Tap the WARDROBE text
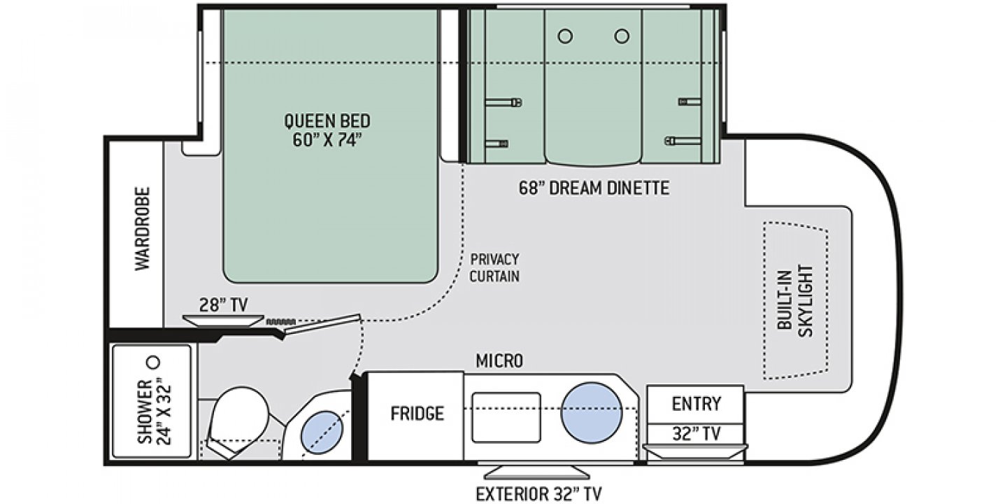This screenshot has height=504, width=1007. (143, 229)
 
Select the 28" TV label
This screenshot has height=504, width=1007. (224, 305)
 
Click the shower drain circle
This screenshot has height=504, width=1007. (154, 362)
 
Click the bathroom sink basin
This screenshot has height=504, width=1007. (322, 431)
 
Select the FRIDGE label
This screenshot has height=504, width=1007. (417, 413)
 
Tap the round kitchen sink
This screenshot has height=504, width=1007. (591, 413)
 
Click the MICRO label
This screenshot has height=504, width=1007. (499, 361)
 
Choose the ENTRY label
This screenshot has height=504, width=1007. (697, 404)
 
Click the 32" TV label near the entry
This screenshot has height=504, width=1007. (697, 433)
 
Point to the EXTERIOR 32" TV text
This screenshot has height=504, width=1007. (538, 493)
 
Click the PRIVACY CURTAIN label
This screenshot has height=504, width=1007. (494, 267)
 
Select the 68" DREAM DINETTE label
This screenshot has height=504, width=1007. (594, 188)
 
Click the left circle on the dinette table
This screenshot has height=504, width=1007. (565, 36)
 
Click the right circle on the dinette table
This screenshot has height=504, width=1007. (622, 36)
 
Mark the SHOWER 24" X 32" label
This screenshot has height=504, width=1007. (154, 412)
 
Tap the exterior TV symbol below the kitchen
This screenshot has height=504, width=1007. (537, 472)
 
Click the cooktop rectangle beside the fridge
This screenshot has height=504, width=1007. (506, 417)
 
